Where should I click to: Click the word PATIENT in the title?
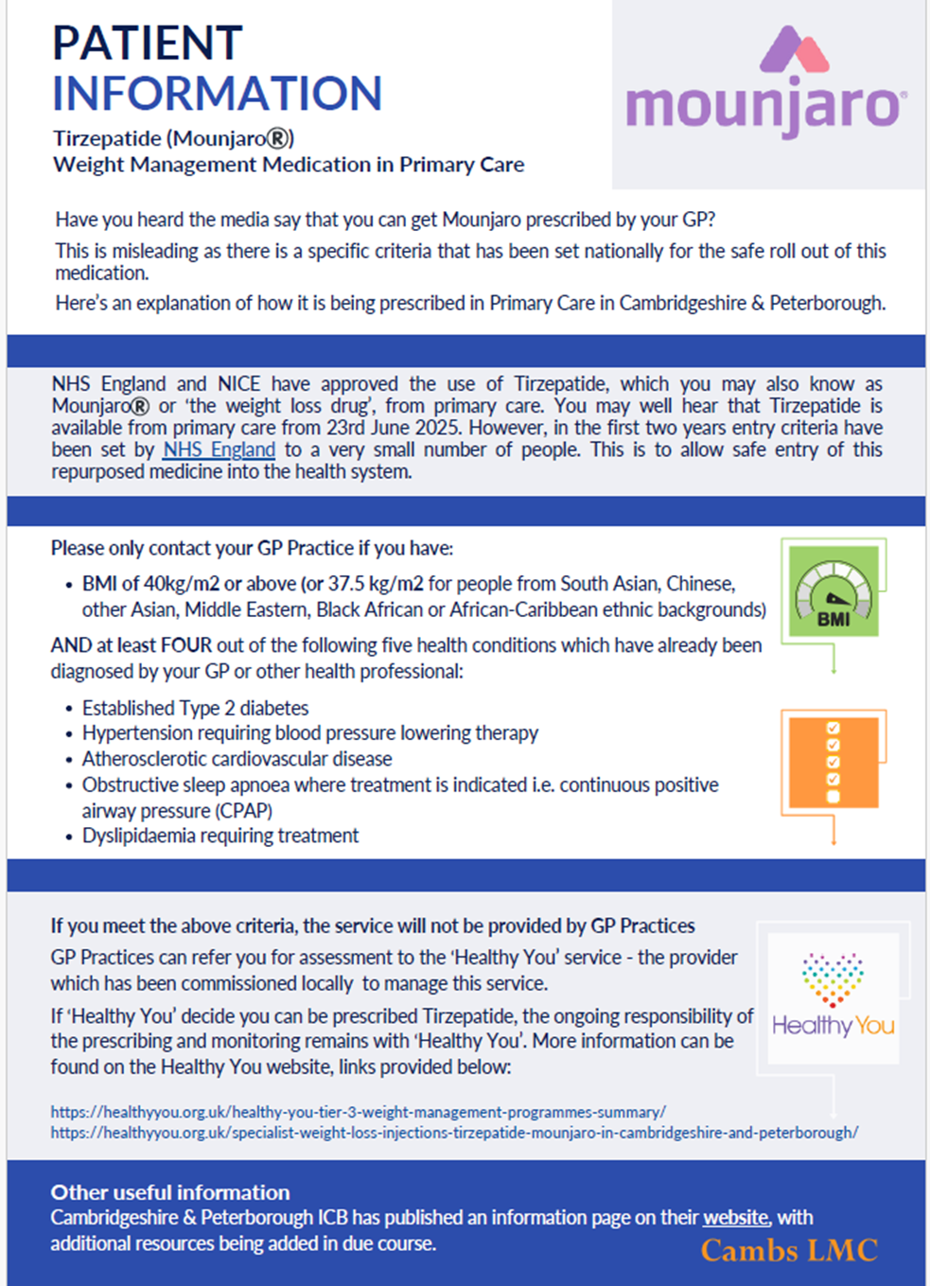click(148, 44)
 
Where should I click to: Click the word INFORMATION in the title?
click(217, 94)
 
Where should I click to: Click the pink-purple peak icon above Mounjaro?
click(794, 49)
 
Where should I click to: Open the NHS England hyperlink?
click(219, 449)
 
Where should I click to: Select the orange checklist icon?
click(833, 762)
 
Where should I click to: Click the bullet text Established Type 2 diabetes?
click(195, 708)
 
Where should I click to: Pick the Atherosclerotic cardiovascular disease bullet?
click(237, 759)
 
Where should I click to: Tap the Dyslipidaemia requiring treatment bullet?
click(220, 836)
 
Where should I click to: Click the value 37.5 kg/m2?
click(376, 584)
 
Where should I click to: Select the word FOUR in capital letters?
click(186, 645)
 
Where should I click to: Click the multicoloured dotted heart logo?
click(833, 978)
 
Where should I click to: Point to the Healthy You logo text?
click(833, 1026)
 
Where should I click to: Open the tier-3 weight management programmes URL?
click(359, 1112)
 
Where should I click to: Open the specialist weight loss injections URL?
click(454, 1133)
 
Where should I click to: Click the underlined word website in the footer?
click(736, 1218)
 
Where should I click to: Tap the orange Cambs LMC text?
click(789, 1251)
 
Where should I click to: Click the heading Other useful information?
click(170, 1192)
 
